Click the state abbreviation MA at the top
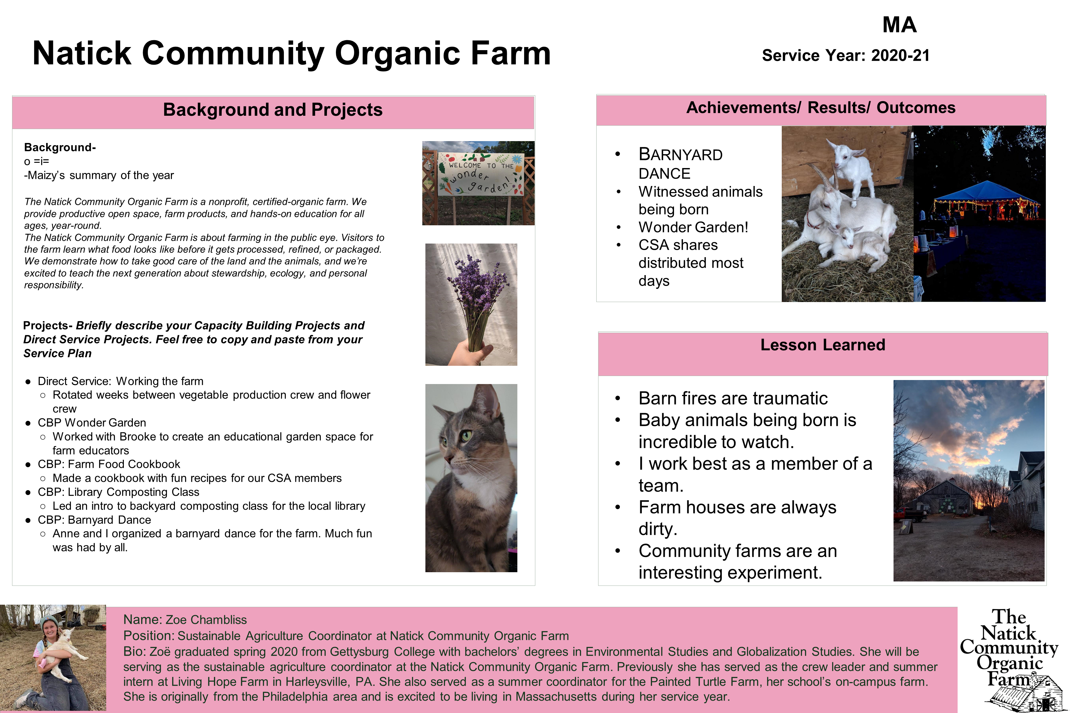899,24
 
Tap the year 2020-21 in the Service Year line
900,55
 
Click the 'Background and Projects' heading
273,110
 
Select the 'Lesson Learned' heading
823,345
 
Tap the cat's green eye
466,436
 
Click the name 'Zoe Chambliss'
206,620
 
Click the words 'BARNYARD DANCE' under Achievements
681,164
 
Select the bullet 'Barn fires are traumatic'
733,398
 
